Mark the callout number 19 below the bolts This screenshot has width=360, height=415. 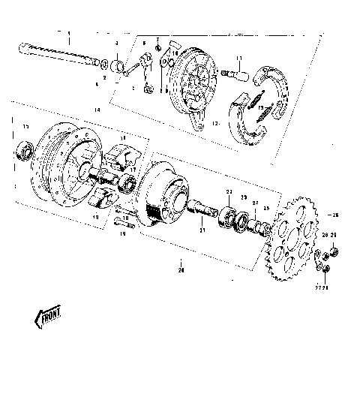tap(123, 233)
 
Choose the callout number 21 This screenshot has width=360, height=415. tap(201, 231)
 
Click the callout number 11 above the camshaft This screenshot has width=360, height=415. tap(237, 60)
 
